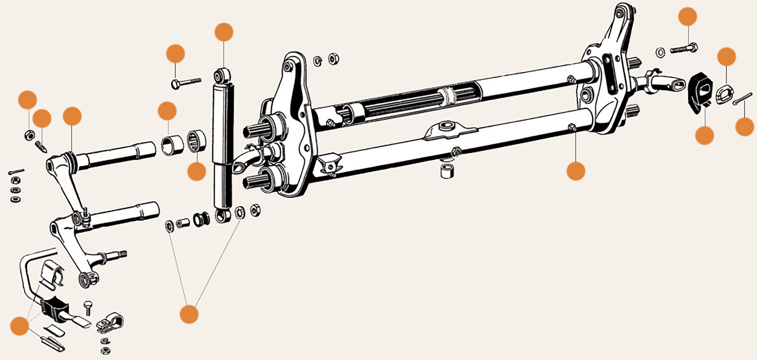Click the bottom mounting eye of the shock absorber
click(222, 216)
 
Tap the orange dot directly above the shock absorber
click(224, 32)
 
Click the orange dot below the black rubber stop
click(705, 135)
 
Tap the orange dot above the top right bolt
click(687, 17)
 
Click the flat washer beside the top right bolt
click(661, 52)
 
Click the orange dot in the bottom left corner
click(20, 326)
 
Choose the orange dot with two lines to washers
click(189, 314)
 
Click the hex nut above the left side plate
click(333, 59)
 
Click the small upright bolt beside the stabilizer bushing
click(87, 306)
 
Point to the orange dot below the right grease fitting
click(575, 171)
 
